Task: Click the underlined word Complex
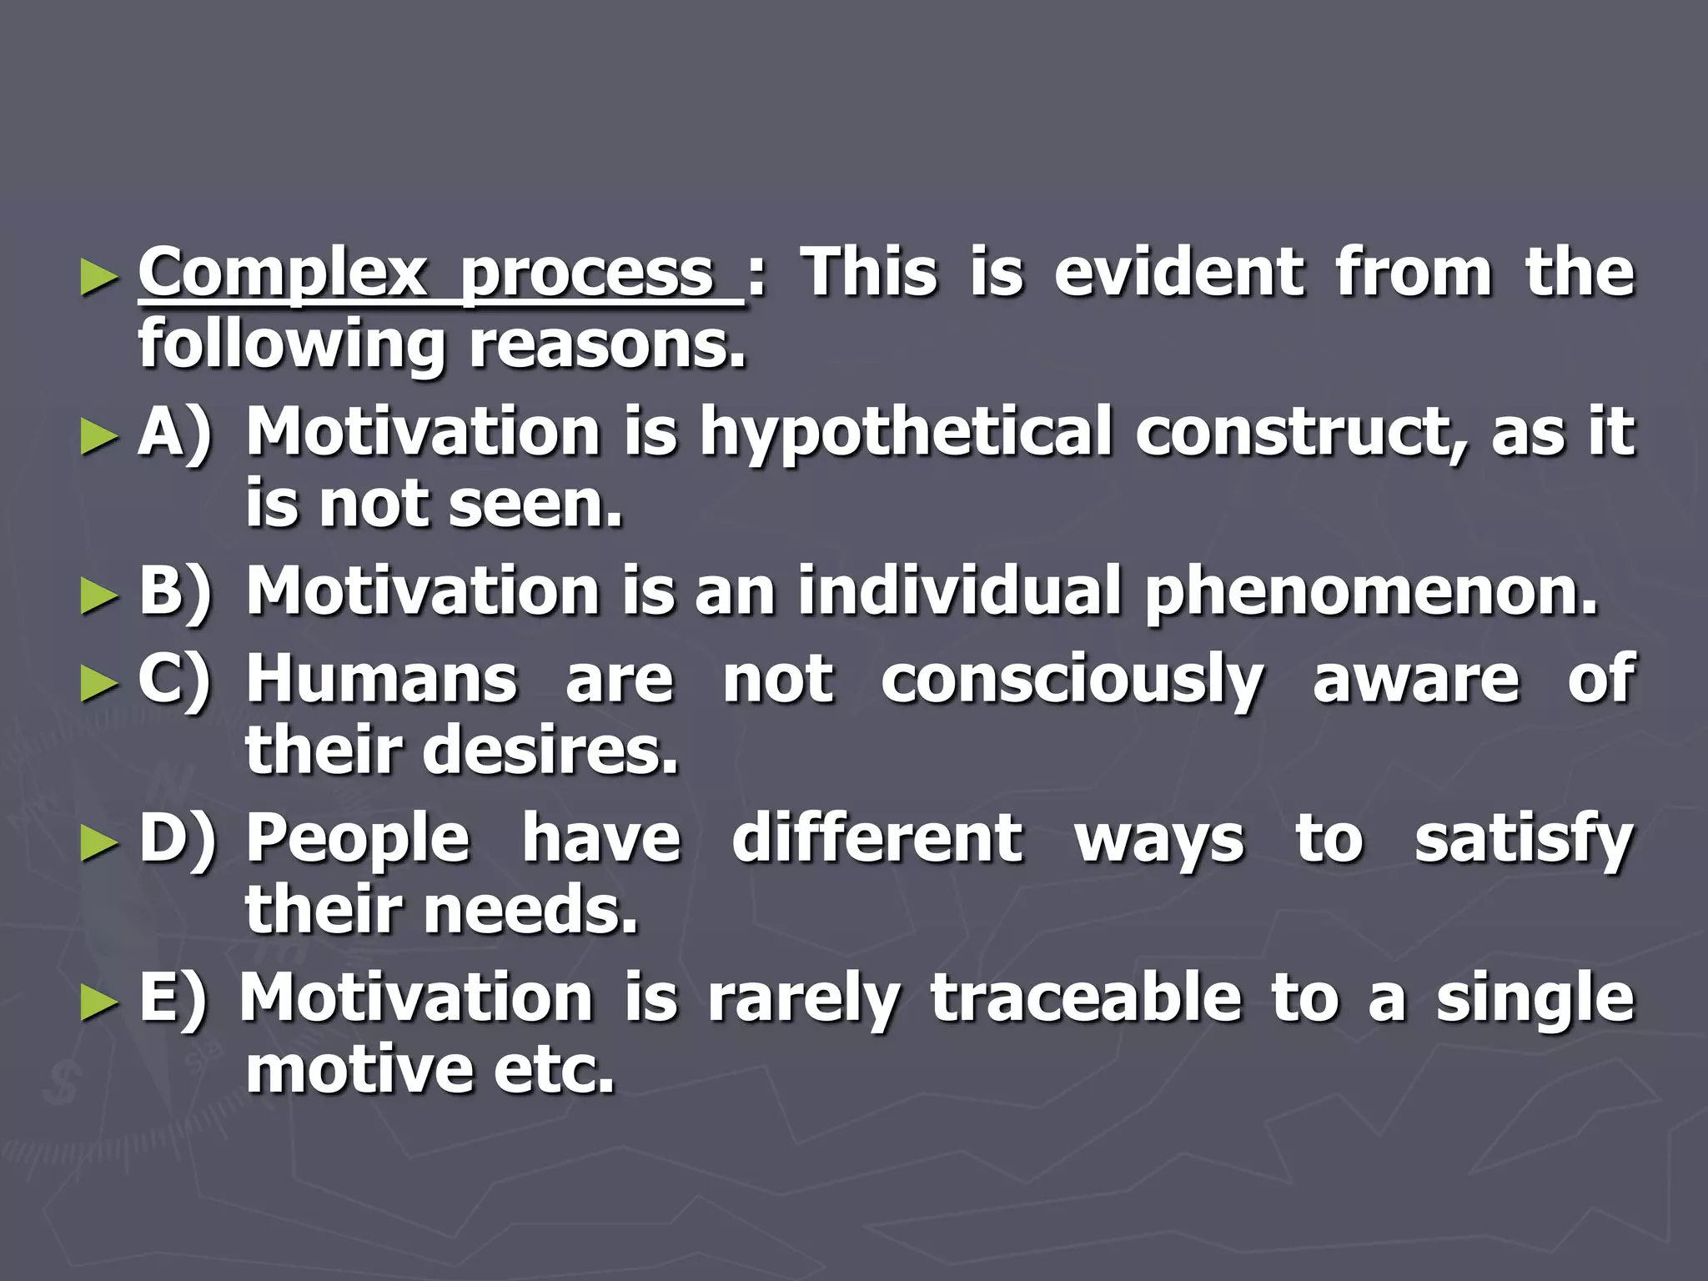tap(282, 274)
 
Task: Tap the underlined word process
tap(587, 275)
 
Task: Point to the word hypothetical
tap(906, 434)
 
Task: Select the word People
tap(359, 841)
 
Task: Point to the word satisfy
tap(1524, 841)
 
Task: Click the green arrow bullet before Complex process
tap(98, 279)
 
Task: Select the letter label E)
tap(173, 999)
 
